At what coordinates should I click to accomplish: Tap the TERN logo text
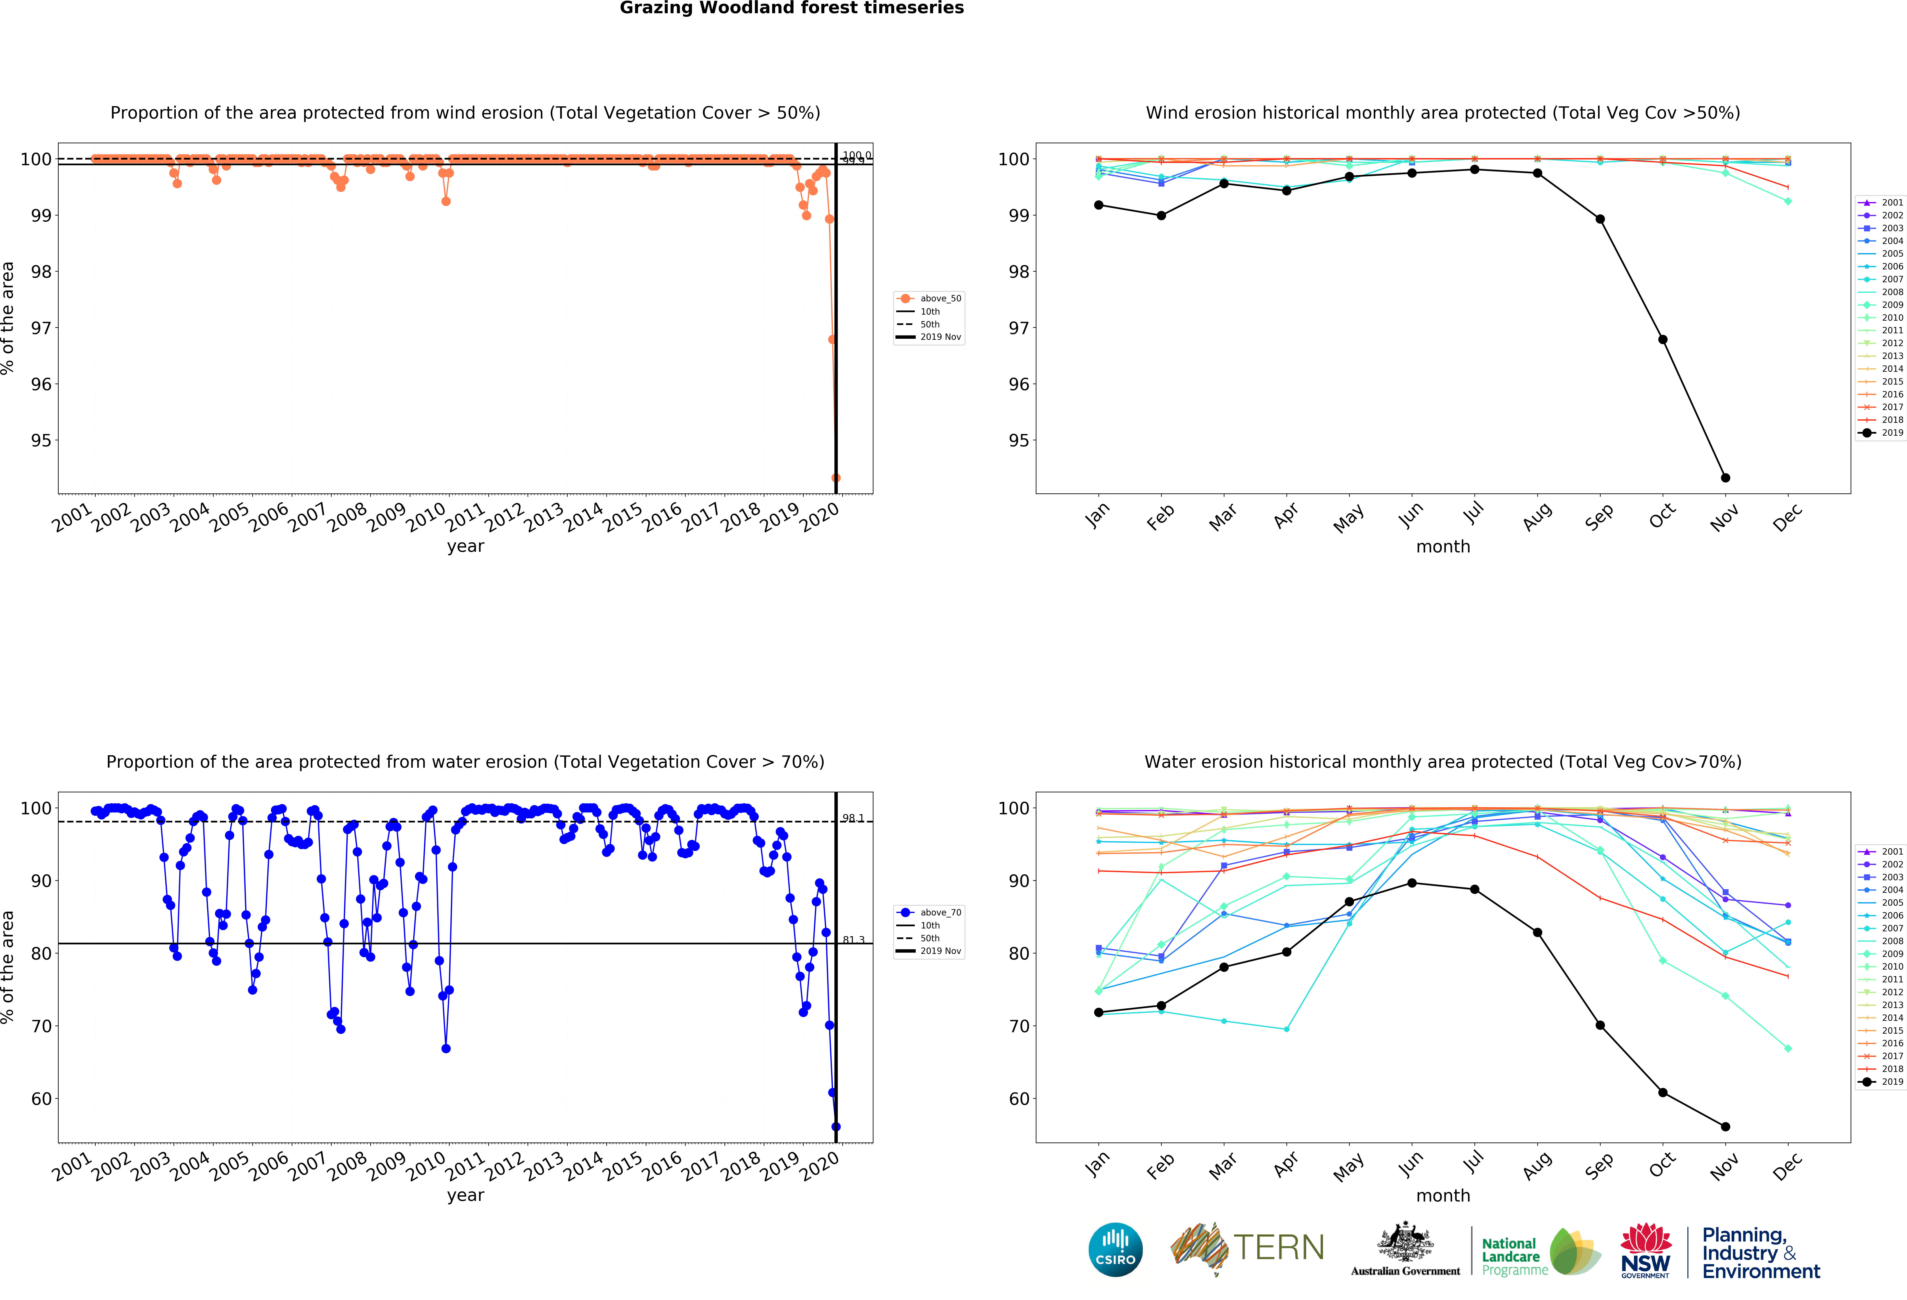[x=1279, y=1248]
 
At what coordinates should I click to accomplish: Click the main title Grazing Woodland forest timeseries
[x=791, y=8]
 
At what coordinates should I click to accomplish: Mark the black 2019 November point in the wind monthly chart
[x=1725, y=478]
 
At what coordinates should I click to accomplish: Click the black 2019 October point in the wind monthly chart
[x=1662, y=340]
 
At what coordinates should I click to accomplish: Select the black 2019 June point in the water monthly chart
[x=1411, y=883]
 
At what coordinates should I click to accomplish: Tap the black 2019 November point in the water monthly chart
[x=1725, y=1127]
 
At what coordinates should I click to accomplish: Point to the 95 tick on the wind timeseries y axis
[x=41, y=441]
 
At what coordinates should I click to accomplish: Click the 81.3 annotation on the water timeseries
[x=853, y=940]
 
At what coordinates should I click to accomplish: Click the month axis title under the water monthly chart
[x=1443, y=1196]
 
